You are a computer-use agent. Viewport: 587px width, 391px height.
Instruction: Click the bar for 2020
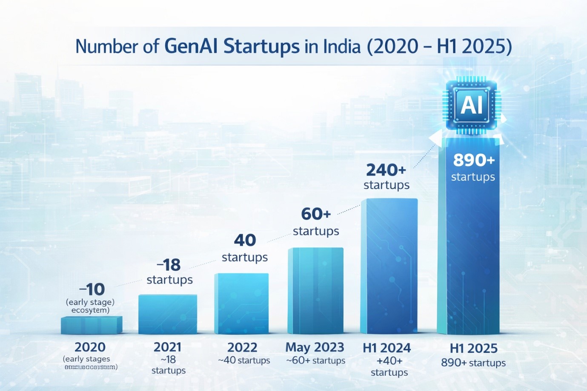click(x=92, y=325)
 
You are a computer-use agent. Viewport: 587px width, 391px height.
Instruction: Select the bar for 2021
click(x=168, y=314)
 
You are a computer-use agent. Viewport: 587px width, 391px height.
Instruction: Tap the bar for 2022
click(x=241, y=303)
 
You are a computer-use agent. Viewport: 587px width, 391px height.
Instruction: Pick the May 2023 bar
click(x=315, y=291)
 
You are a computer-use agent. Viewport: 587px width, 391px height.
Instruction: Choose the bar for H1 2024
click(x=389, y=266)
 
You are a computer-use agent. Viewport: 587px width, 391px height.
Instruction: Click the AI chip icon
click(x=472, y=105)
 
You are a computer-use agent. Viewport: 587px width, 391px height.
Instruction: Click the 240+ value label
click(x=386, y=170)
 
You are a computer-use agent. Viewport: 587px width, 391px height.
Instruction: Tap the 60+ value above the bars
click(x=316, y=214)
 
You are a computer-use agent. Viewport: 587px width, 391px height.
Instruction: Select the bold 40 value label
click(x=245, y=240)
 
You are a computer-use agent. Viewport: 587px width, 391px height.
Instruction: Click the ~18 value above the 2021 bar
click(x=169, y=265)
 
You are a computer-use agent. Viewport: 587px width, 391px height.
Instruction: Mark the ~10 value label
click(x=92, y=289)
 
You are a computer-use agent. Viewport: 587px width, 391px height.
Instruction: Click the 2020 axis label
click(x=90, y=347)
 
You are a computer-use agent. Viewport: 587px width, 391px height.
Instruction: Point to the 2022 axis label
click(x=242, y=347)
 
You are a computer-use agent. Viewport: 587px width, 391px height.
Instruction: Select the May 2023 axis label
click(x=315, y=347)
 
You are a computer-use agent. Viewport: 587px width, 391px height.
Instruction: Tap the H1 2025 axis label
click(x=473, y=348)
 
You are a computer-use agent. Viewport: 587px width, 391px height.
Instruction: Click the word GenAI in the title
click(x=191, y=46)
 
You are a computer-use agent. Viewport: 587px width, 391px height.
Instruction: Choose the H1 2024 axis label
click(x=387, y=348)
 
